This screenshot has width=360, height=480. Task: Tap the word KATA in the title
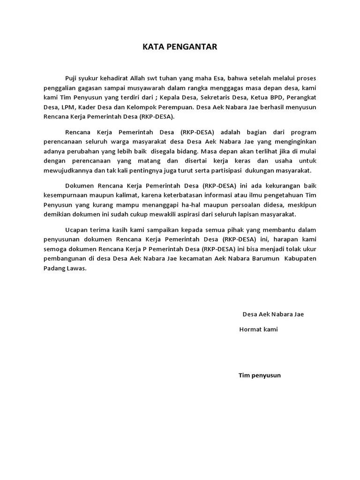tap(154, 47)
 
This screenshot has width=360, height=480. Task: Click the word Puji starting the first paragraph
tap(72, 78)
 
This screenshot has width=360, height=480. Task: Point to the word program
tap(302, 132)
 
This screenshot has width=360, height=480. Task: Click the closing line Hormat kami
tap(258, 329)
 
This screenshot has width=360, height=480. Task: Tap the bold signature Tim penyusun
tap(259, 375)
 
